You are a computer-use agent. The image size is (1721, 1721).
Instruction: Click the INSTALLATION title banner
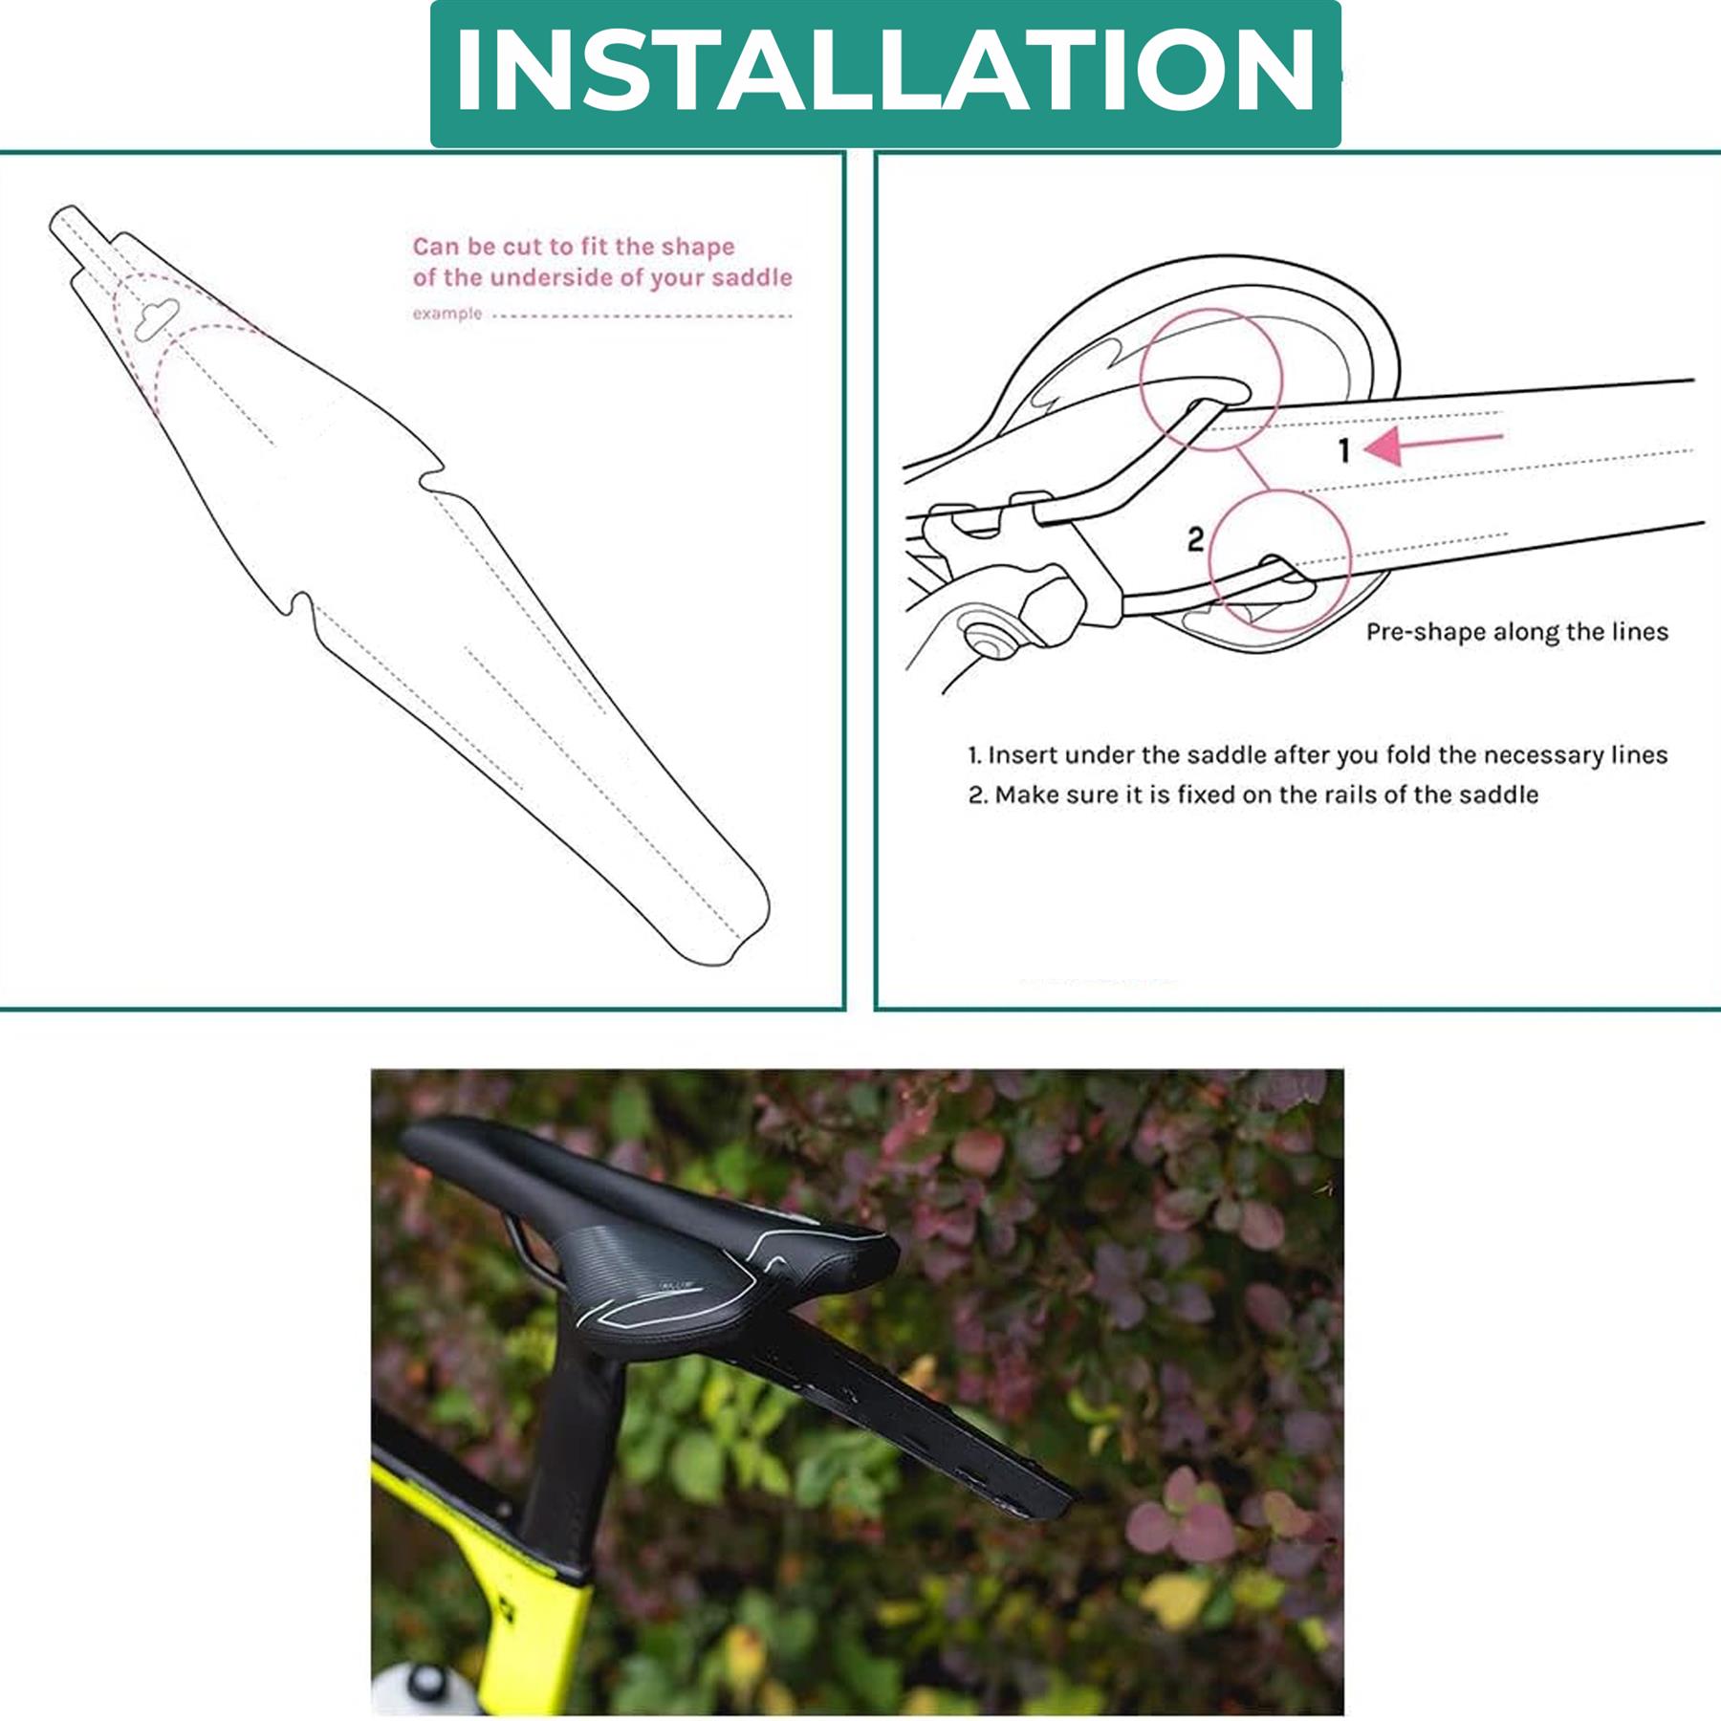click(885, 74)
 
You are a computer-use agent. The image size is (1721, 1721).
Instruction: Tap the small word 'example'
click(447, 314)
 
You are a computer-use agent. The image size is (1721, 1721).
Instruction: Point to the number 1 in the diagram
click(1343, 449)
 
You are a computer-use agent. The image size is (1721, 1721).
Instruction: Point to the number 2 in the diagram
click(1195, 539)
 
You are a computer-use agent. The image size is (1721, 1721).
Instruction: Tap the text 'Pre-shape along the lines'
click(1516, 632)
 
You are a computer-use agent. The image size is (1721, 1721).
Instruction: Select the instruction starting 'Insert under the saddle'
click(1318, 755)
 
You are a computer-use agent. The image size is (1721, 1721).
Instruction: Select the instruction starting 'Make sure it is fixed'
click(1253, 795)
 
